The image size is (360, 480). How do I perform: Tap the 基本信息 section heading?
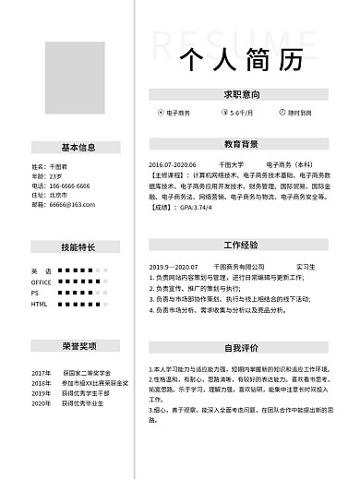78,147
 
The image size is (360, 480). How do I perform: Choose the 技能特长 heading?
78,246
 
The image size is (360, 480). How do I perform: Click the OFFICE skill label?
42,282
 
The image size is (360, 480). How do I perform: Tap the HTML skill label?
39,303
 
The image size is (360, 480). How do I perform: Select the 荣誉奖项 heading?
78,346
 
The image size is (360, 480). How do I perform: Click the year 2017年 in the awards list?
42,372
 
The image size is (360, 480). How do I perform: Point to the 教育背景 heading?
240,144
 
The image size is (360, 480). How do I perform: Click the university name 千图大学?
232,164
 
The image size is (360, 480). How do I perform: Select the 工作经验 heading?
240,246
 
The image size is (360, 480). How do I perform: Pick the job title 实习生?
306,266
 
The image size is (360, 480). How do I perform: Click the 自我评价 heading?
240,348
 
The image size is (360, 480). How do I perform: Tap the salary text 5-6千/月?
242,113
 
